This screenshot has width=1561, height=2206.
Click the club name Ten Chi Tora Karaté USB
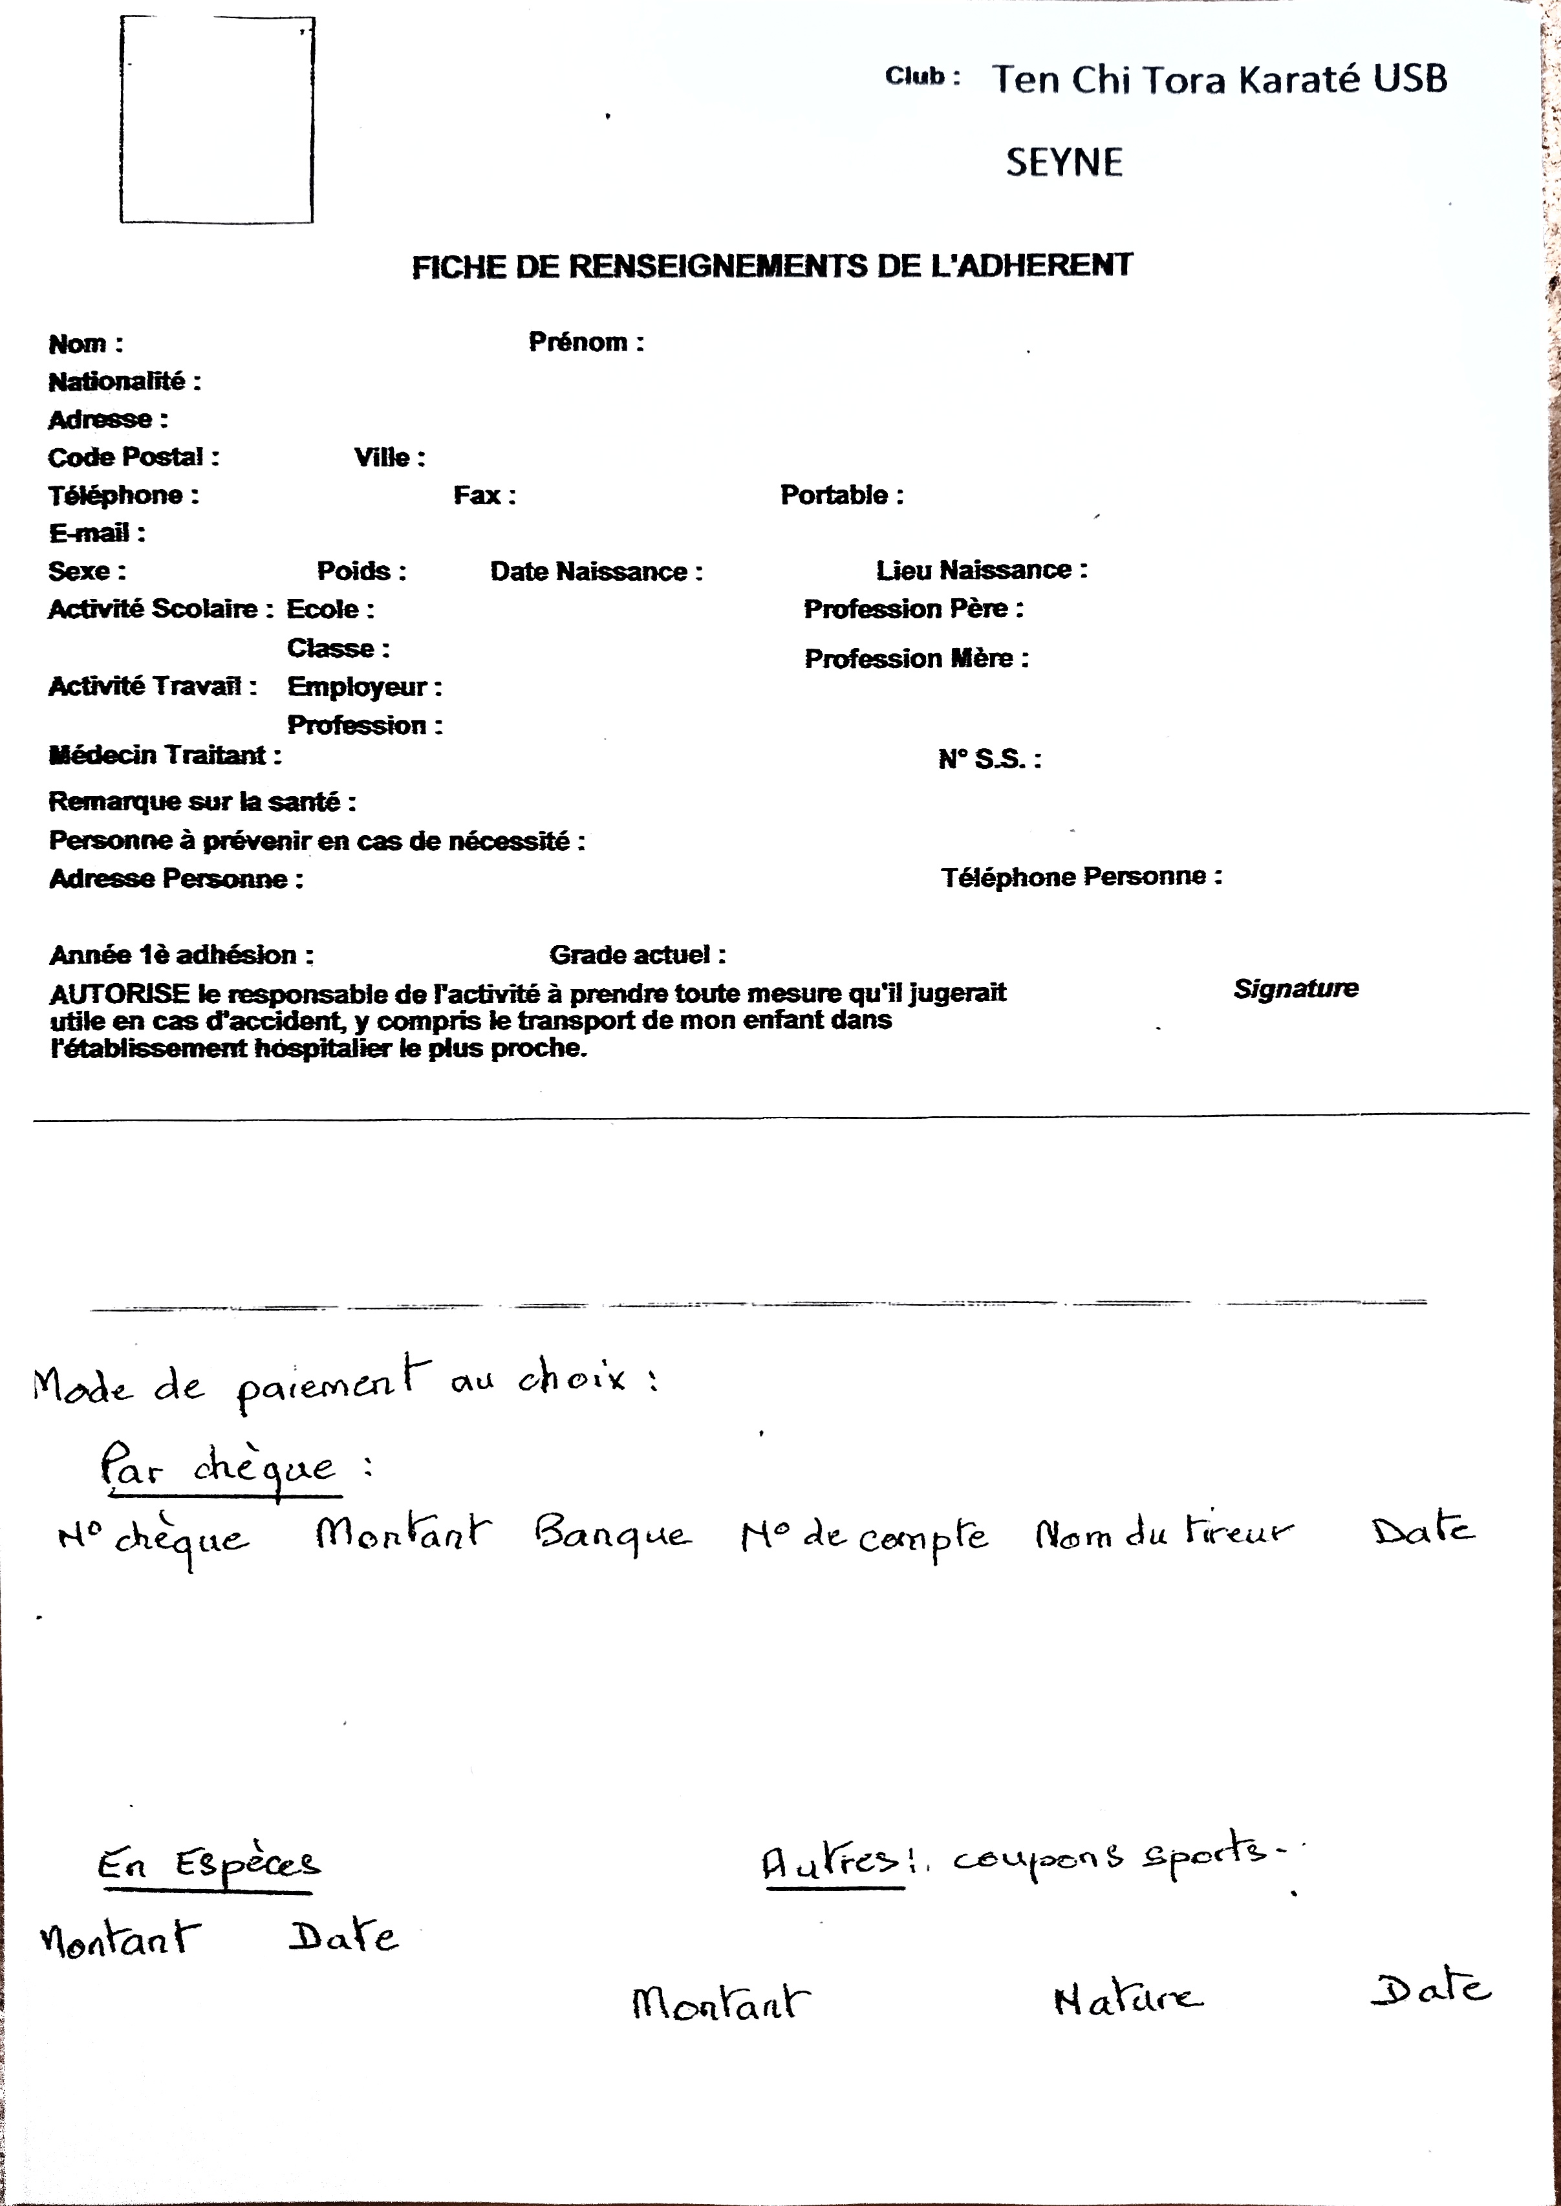(1219, 79)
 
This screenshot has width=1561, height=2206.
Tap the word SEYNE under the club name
(1064, 162)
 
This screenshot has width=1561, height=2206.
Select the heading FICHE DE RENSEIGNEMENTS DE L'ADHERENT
(772, 266)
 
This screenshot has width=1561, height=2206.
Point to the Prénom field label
(585, 342)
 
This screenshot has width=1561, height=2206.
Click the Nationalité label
(124, 382)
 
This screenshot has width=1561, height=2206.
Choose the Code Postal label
(133, 457)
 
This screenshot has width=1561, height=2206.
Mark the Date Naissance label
(596, 571)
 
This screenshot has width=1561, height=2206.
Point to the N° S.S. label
(989, 759)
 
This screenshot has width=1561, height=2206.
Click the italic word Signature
(1296, 988)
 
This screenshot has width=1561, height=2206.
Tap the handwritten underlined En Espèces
(209, 1865)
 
